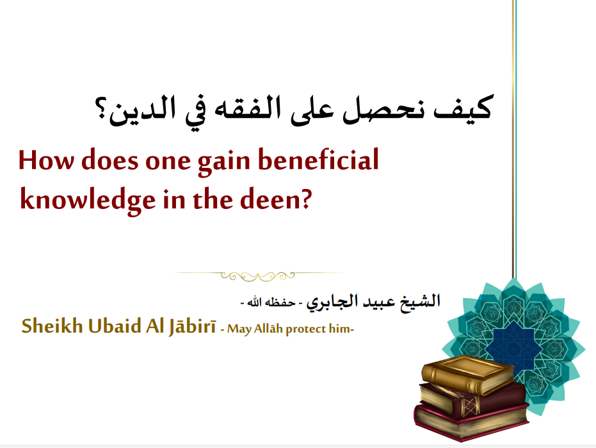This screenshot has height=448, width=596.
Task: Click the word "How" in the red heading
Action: [x=45, y=160]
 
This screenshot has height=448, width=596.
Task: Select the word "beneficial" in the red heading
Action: [x=319, y=159]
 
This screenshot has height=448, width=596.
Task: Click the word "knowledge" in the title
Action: [x=88, y=199]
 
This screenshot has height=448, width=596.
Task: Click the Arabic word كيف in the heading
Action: [x=463, y=108]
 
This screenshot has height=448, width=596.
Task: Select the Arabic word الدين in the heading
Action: [x=143, y=110]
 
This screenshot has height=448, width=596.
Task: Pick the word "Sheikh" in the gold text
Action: [x=52, y=326]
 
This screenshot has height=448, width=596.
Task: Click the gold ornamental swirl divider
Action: [x=258, y=276]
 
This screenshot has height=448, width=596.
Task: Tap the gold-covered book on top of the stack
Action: [x=468, y=374]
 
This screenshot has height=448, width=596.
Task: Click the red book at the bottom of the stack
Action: [x=471, y=422]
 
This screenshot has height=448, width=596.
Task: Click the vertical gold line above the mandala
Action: [x=514, y=139]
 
